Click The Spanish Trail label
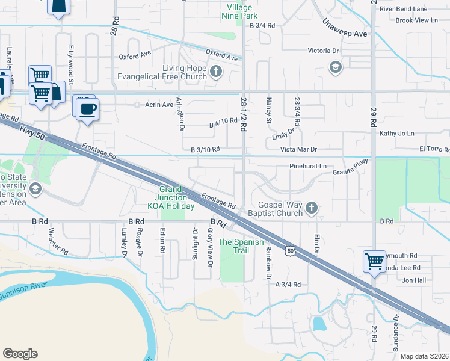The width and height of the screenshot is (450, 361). coord(241,246)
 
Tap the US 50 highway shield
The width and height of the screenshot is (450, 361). coord(291,250)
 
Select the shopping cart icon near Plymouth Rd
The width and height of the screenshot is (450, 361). coord(374,261)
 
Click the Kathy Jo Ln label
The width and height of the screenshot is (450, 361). coord(397,133)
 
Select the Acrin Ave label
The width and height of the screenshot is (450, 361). coord(159,105)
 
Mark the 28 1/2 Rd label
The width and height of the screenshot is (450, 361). coord(244,115)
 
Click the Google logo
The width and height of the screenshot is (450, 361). coord(20,353)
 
